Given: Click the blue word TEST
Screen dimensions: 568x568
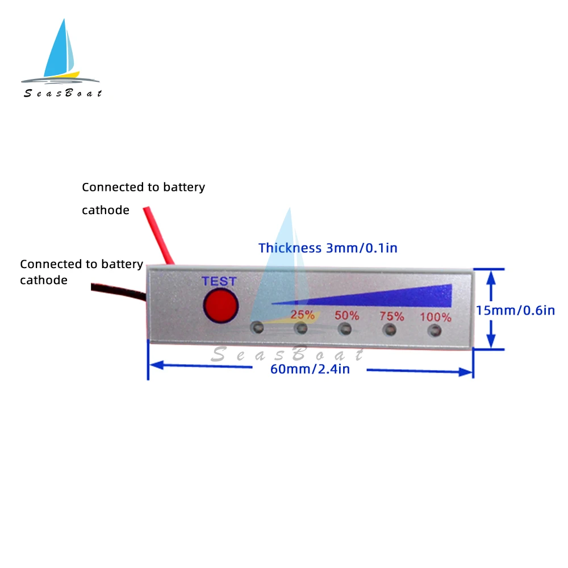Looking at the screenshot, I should click(x=219, y=281).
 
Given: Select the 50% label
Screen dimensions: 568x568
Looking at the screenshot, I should click(x=346, y=315).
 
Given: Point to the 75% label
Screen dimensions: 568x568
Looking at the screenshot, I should click(x=392, y=316).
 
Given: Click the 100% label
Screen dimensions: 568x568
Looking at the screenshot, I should click(x=436, y=317).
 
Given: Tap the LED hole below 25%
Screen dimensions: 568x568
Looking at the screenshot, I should click(x=301, y=328).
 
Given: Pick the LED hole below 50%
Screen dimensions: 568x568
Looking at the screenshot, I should click(x=345, y=328).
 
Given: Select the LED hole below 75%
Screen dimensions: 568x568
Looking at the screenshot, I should click(x=389, y=329).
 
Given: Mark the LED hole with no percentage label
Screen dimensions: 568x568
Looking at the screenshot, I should click(x=257, y=327).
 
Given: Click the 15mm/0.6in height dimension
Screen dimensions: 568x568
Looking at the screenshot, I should click(x=515, y=310).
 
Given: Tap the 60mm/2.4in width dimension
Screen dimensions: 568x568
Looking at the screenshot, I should click(x=310, y=370).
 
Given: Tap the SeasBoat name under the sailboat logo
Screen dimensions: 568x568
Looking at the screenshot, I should click(x=62, y=93).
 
